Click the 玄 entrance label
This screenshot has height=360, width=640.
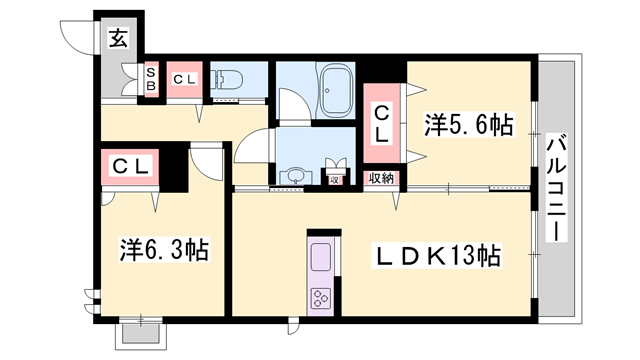tap(118, 39)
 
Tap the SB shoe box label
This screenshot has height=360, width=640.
tap(152, 79)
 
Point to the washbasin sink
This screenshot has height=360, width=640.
tap(294, 177)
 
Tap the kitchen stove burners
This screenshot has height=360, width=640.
tap(323, 297)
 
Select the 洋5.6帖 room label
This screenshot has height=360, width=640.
tap(468, 125)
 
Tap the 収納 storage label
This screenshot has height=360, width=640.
tap(381, 178)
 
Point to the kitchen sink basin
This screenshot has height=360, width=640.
tap(323, 257)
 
